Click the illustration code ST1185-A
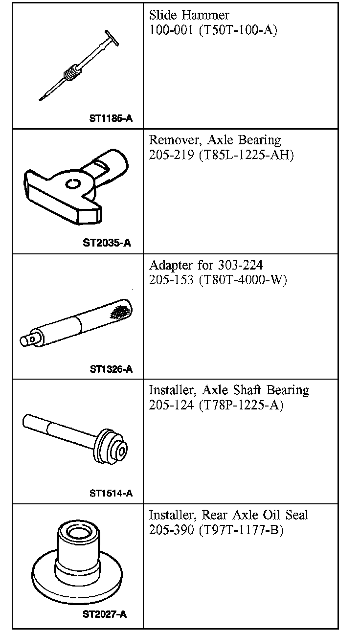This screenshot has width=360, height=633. [x=111, y=118]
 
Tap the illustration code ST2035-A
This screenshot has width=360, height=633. [x=107, y=243]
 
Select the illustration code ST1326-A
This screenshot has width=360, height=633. [x=111, y=369]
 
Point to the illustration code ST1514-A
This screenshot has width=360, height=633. [x=111, y=494]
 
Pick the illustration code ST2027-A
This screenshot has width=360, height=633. [x=105, y=614]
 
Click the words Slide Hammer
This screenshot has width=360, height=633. [x=189, y=15]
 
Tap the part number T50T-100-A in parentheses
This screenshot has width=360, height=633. [x=238, y=30]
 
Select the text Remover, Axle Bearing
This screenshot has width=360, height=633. [x=215, y=140]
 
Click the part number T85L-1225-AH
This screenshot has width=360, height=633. [x=247, y=155]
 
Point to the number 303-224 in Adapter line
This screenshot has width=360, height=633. [x=240, y=265]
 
